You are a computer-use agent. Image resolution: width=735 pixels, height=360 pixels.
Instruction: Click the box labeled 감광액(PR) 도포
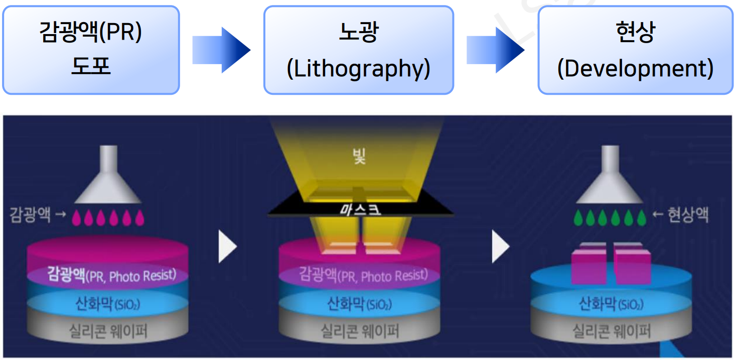[x=91, y=50]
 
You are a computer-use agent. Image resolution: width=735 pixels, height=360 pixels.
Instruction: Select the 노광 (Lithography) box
[x=358, y=50]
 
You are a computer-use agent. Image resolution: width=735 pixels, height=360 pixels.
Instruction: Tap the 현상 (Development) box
[x=635, y=50]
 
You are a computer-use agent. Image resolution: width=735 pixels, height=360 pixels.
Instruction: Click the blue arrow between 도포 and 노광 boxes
[x=221, y=50]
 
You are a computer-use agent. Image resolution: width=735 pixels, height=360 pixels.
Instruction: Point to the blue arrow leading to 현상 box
[x=496, y=50]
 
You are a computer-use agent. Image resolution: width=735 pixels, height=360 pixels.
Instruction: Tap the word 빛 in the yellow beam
[x=359, y=157]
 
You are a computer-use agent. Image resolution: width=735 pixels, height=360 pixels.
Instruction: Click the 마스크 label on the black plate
[x=359, y=209]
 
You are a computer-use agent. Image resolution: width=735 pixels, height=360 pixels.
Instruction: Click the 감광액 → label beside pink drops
[x=38, y=216]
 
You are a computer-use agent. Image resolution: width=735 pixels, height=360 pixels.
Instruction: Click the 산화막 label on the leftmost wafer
[x=107, y=304]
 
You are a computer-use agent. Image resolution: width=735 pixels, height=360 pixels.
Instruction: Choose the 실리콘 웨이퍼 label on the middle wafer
[x=359, y=331]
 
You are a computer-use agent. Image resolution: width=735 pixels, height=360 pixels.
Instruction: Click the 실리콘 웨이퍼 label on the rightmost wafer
[x=612, y=331]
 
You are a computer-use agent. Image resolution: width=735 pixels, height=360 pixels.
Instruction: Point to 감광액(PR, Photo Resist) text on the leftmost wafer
[x=112, y=275]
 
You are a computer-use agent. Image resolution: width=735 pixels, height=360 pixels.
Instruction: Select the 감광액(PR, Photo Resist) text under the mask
[x=363, y=275]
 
